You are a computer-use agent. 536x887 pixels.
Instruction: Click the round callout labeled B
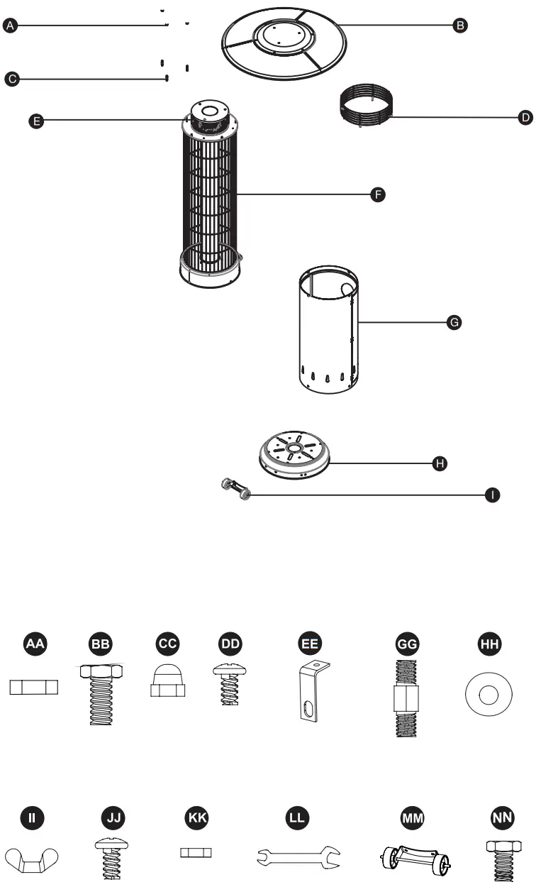point(460,26)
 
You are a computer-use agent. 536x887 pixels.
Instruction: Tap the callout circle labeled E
point(36,121)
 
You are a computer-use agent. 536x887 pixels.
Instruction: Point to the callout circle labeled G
point(454,323)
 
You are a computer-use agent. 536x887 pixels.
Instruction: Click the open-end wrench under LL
point(298,856)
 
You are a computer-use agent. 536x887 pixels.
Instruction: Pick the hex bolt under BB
point(101,693)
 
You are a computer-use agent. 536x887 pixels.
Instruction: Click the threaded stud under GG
point(407,698)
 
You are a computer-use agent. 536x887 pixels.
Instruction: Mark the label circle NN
point(502,817)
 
